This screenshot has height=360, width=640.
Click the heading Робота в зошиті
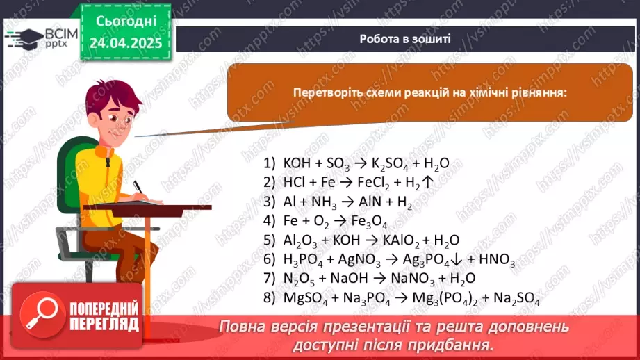pyautogui.click(x=405, y=39)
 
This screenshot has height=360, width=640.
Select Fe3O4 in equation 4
pyautogui.click(x=368, y=222)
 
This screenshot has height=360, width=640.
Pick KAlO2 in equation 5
pyautogui.click(x=400, y=241)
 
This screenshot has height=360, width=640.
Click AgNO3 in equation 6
pyautogui.click(x=361, y=261)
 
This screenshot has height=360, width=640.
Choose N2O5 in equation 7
pyautogui.click(x=298, y=279)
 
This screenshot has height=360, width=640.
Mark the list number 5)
pyautogui.click(x=270, y=241)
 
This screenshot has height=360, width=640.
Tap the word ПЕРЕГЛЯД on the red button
pyautogui.click(x=105, y=325)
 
